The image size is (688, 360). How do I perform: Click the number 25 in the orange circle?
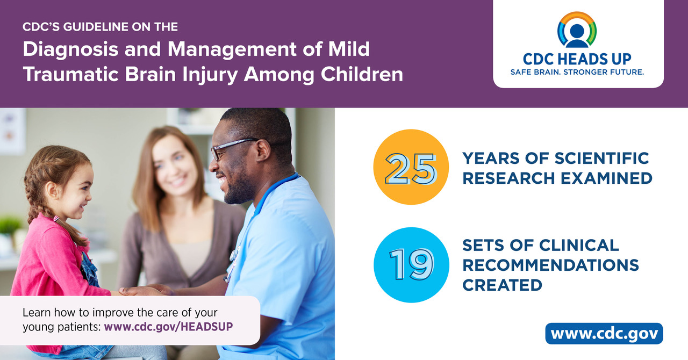point(411,167)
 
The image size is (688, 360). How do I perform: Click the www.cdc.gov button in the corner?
point(604,334)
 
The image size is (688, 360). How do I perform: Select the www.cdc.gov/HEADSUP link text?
point(168,326)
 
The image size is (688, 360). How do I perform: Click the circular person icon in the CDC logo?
point(577,31)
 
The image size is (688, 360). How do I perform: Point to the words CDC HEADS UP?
point(577,59)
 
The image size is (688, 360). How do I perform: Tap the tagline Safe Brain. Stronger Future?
point(577,72)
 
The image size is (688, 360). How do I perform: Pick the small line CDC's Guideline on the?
point(100,26)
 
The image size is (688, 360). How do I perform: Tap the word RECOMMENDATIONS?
point(550,265)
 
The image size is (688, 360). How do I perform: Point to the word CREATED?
point(502,285)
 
